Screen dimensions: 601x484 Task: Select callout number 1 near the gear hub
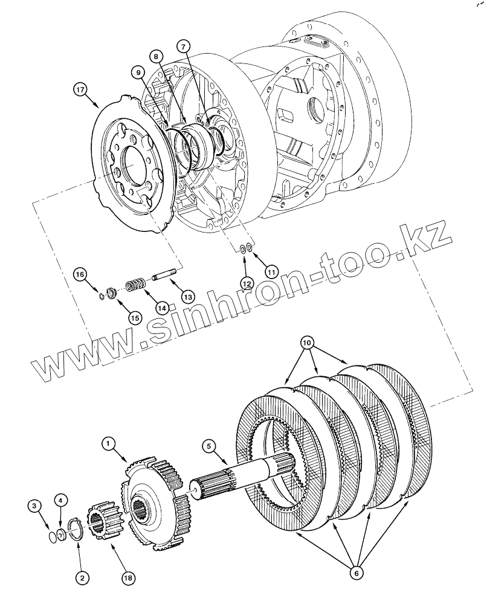click(x=109, y=445)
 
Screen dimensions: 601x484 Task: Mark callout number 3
click(x=36, y=505)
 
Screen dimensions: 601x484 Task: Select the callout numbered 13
click(x=187, y=297)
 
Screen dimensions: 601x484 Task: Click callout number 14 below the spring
click(x=161, y=307)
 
